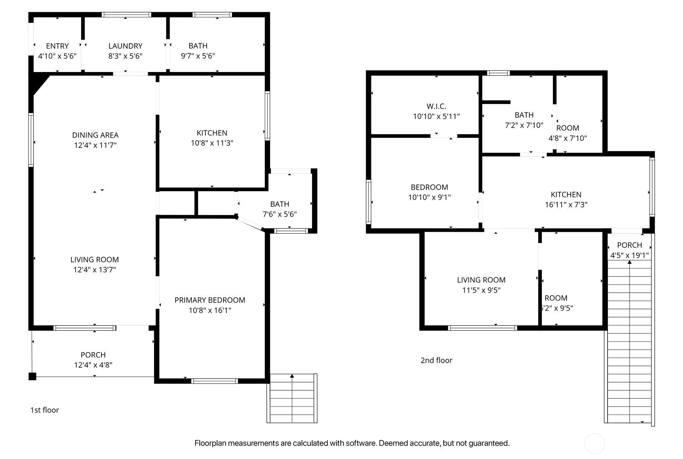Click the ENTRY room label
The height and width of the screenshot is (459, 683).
(x=57, y=46)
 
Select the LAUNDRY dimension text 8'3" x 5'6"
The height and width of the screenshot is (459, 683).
(x=125, y=56)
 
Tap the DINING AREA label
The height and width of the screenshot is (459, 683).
(x=95, y=135)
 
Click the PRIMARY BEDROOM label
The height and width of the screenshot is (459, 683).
(x=210, y=300)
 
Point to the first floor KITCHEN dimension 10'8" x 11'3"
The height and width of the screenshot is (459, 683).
(x=212, y=143)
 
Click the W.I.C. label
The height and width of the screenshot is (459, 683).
(x=436, y=106)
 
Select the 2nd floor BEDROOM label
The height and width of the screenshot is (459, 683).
(x=429, y=187)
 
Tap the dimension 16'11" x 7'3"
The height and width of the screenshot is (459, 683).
(x=566, y=205)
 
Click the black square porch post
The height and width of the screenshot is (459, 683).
(x=32, y=377)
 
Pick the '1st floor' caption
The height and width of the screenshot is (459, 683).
(x=44, y=410)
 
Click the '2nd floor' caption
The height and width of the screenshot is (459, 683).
(x=436, y=360)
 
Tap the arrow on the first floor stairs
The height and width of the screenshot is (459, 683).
(x=292, y=377)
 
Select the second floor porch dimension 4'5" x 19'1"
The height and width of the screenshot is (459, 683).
(x=629, y=255)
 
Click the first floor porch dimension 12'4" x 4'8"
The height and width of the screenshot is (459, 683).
(x=93, y=365)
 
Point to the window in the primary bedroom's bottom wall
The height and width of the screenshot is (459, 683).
(x=214, y=381)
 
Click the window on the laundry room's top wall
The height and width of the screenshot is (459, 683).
(x=126, y=15)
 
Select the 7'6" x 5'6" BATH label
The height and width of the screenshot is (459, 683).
(x=280, y=204)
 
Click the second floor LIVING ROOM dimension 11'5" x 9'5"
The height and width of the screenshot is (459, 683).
(x=481, y=290)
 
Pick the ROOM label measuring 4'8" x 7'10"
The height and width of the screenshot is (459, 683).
(x=567, y=128)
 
